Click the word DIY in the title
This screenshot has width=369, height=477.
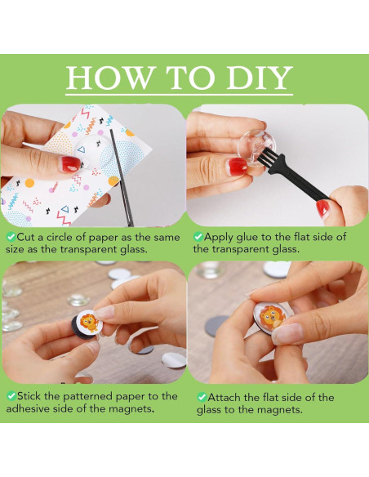coord(260,78)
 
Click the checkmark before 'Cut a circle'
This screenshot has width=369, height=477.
coord(11,237)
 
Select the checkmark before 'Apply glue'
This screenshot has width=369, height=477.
coord(198,237)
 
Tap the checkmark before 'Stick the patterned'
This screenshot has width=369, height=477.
coord(11,396)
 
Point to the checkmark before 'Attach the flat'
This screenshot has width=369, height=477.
coord(202,397)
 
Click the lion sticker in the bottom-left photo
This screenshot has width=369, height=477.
coord(89,322)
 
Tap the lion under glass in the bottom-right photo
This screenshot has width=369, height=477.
coord(270,317)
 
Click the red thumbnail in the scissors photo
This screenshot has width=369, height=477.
coord(71,164)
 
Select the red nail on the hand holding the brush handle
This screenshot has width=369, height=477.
coord(322,208)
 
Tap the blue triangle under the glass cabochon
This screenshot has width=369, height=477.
coord(81,149)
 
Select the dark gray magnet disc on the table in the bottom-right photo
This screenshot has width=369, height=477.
coord(216,326)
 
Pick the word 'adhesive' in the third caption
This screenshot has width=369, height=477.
coord(28,408)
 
